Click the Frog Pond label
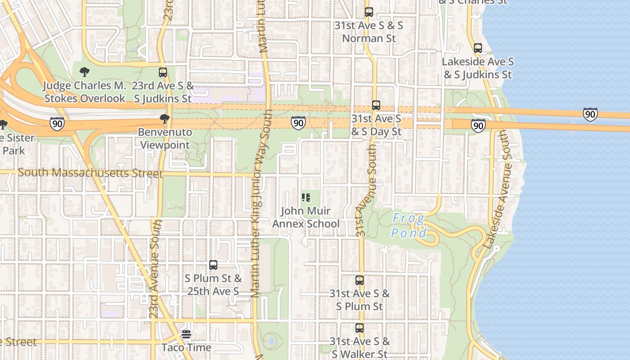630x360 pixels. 409,226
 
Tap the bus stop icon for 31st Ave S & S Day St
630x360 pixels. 376,105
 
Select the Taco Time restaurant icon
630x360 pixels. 186,335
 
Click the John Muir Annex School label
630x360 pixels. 306,217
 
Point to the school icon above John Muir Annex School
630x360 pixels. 306,198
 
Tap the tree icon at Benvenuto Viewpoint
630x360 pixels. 165,119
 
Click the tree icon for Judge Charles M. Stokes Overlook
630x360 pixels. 84,72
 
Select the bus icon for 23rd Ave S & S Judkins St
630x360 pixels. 163,72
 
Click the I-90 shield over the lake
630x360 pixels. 590,114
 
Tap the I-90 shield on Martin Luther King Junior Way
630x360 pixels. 298,122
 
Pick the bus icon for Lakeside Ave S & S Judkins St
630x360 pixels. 478,48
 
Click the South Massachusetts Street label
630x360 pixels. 90,173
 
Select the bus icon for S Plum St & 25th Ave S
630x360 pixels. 213,265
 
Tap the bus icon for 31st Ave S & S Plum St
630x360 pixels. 359,280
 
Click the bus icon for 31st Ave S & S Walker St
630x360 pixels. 359,328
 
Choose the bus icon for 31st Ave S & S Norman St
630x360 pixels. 369,12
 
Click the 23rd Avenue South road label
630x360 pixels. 155,269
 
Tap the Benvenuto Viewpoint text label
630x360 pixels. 165,139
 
